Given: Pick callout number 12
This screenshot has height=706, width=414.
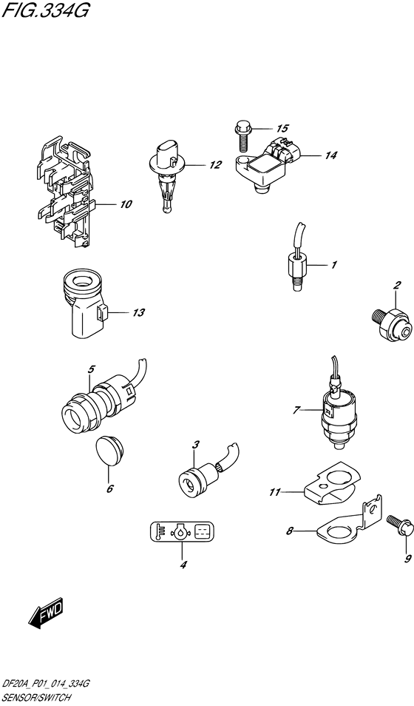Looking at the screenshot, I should tap(215, 165).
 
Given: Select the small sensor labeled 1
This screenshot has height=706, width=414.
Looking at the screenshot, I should tap(296, 266).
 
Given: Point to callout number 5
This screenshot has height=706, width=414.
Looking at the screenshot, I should tap(91, 368).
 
